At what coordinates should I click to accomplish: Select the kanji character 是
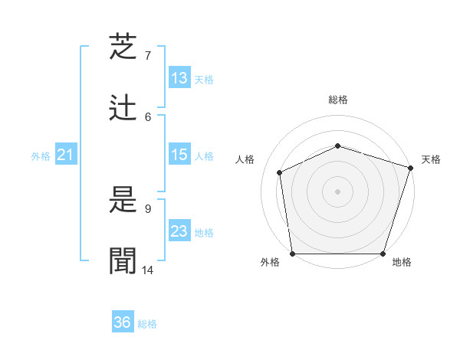124,200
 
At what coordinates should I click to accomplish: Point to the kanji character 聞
124,261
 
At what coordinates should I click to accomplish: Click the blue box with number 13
179,78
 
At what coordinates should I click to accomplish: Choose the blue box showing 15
179,155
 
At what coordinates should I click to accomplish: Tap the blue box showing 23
179,231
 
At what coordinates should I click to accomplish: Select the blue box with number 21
65,155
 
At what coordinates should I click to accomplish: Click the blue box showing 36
123,322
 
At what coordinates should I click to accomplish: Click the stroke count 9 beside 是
148,208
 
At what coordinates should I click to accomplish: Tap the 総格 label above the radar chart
338,100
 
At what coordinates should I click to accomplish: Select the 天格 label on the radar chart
431,159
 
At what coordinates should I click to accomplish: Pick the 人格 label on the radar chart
245,159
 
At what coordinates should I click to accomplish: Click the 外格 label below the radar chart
270,263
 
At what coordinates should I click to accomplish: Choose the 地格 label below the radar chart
402,263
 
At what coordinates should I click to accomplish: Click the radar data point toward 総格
338,146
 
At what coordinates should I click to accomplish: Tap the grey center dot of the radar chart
338,191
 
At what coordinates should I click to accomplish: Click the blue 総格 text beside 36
147,324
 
